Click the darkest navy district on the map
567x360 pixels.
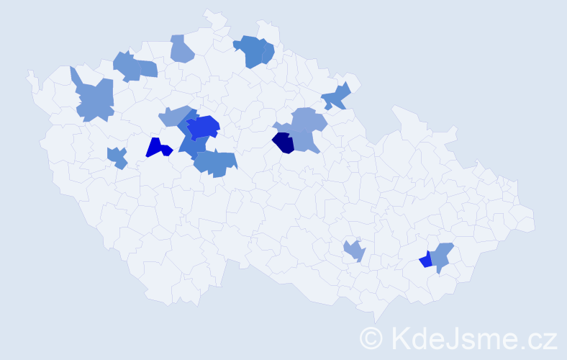[x=283, y=143]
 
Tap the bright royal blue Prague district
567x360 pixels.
[x=204, y=127]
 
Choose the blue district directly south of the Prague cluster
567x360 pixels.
[x=216, y=163]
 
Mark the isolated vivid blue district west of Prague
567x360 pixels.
[x=157, y=148]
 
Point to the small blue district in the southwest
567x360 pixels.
[x=117, y=157]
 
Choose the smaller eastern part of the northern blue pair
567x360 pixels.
[x=268, y=53]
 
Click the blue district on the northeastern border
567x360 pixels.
[x=336, y=96]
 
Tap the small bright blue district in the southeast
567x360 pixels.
[x=426, y=260]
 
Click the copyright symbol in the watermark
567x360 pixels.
[x=371, y=337]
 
